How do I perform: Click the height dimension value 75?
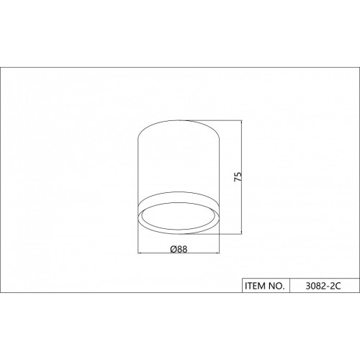pos(238,176)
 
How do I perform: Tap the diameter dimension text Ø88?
pos(179,249)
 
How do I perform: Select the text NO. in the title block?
pos(276,286)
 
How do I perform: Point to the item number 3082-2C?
pos(323,286)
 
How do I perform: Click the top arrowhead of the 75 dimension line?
pos(241,122)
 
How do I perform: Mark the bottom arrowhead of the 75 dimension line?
pos(241,232)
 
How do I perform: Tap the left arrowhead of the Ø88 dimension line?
pos(140,253)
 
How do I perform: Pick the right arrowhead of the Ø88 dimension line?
pos(217,253)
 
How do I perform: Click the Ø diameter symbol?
pos(174,249)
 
